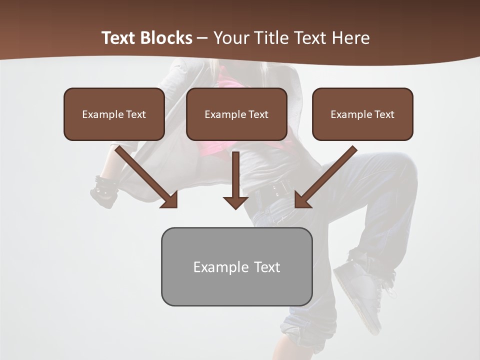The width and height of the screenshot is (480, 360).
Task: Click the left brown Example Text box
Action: [x=114, y=114]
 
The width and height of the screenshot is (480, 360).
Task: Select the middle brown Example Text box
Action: [x=236, y=114]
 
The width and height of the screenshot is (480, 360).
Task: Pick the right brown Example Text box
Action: [x=362, y=114]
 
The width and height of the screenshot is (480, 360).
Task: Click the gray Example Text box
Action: [x=236, y=266]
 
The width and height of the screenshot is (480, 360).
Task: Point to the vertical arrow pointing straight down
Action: [x=235, y=177]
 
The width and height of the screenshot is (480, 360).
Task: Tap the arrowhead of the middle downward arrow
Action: [x=235, y=202]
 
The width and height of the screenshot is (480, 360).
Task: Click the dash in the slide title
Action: [x=202, y=38]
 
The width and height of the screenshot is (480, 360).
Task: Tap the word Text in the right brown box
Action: [x=384, y=114]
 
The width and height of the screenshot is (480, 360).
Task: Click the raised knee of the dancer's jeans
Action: [x=400, y=170]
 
